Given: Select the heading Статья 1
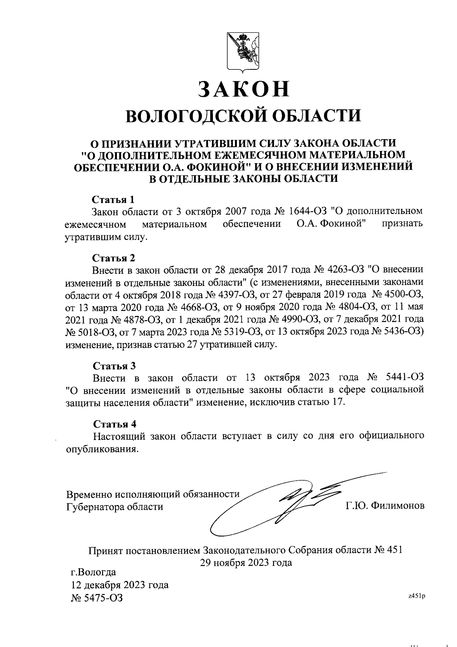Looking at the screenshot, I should click(x=113, y=199).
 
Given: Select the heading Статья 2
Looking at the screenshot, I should click(x=114, y=258).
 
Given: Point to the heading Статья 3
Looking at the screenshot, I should click(x=114, y=366).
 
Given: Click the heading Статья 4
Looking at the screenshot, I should click(x=114, y=424).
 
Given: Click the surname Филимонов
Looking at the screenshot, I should click(x=398, y=506).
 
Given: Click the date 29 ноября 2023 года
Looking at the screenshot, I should click(x=246, y=562).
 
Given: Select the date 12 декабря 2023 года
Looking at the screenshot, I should click(x=120, y=584).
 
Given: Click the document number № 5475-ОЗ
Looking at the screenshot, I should click(x=97, y=597).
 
